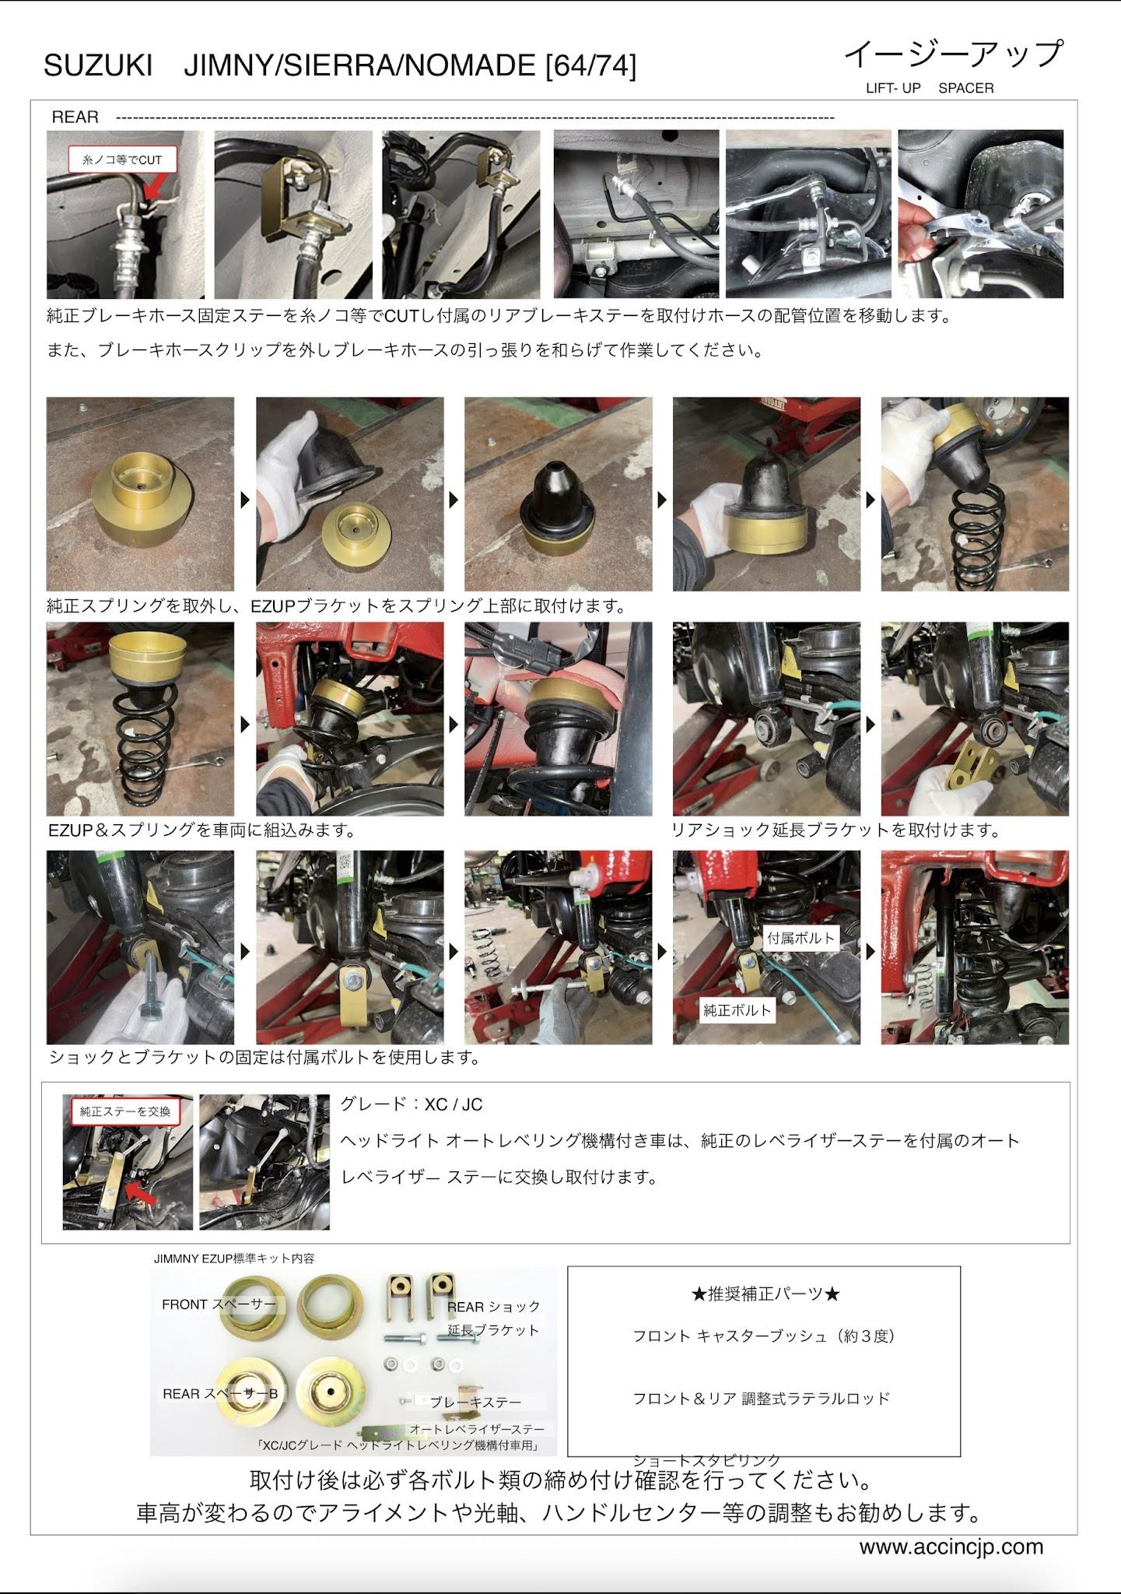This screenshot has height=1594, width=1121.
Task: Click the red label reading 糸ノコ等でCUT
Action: point(122,160)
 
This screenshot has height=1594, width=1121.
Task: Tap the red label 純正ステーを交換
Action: point(124,1111)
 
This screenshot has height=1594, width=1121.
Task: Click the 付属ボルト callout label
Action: point(800,938)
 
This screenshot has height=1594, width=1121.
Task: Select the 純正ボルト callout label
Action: point(737,1010)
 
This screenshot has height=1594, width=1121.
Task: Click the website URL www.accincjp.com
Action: point(951,1547)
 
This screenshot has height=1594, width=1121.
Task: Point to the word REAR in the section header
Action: point(75,118)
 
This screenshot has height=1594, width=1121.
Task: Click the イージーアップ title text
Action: point(954,54)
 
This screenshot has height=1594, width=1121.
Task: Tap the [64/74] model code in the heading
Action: point(590,67)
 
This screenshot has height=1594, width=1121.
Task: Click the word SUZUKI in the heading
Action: point(98,67)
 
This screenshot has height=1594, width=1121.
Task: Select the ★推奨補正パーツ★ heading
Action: point(765,1294)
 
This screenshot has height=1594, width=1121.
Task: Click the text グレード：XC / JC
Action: point(412,1104)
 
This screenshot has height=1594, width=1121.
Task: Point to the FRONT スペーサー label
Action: point(219,1304)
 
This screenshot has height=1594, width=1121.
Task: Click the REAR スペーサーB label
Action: point(220,1393)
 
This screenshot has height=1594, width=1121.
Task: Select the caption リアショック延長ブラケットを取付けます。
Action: point(836,830)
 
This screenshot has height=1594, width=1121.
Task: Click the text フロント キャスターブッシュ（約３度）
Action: point(764,1336)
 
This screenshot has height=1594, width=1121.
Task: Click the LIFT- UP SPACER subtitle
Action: point(930,88)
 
